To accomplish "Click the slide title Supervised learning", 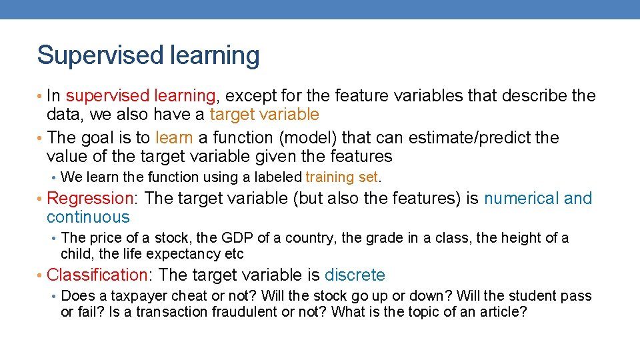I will click(x=148, y=55).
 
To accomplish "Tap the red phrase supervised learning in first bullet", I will click(x=141, y=96).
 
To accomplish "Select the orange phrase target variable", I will click(x=265, y=115).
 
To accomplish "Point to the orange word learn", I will click(x=174, y=138).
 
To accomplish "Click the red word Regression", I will click(x=91, y=199).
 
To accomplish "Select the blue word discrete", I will click(x=355, y=275).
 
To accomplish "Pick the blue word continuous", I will click(x=88, y=217).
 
